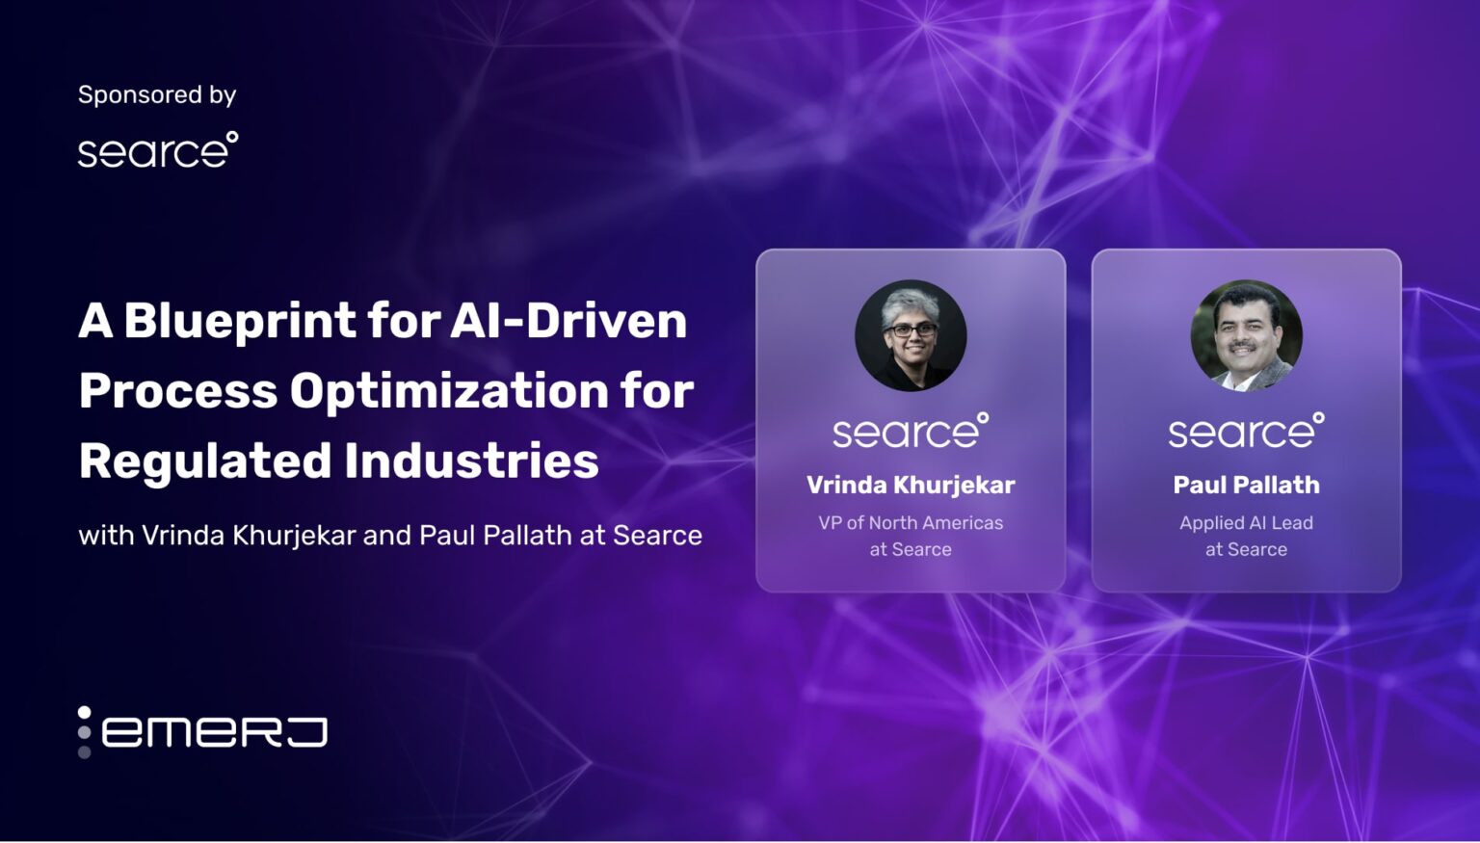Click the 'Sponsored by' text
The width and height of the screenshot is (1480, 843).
(157, 94)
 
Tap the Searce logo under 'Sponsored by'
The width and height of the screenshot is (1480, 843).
(157, 151)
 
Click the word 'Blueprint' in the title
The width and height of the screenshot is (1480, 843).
(240, 321)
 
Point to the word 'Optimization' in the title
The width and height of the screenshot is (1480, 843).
(449, 391)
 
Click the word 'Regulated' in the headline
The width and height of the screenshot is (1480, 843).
(205, 461)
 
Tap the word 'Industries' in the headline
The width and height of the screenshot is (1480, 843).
(471, 461)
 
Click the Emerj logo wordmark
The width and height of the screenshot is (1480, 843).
(214, 732)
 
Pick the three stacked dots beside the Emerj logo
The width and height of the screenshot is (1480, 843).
(85, 732)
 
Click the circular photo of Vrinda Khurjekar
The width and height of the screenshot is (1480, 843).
(911, 335)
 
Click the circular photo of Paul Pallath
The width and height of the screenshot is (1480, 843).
(1246, 335)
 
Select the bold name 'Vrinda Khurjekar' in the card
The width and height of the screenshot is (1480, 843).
(911, 485)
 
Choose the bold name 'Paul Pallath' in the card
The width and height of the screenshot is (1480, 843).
(1246, 485)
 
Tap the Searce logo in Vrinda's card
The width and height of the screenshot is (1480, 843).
(911, 432)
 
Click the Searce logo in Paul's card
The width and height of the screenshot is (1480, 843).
(1246, 432)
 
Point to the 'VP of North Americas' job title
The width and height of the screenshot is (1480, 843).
(911, 523)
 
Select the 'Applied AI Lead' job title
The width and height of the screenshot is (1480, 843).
(1246, 523)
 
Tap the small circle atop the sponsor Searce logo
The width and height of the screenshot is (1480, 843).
(232, 137)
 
